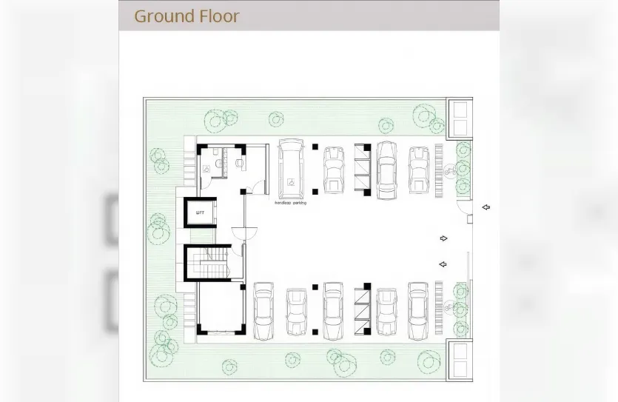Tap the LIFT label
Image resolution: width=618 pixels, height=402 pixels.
tap(200, 213)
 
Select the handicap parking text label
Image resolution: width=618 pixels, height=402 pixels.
tap(290, 202)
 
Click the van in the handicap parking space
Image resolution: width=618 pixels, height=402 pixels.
tap(291, 169)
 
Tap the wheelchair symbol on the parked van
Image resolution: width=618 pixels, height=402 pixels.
tap(291, 180)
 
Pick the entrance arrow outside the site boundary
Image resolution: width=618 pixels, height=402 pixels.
tap(486, 208)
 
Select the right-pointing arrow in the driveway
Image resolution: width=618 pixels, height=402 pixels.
tap(443, 238)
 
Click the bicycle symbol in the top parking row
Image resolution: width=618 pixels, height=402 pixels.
tap(449, 172)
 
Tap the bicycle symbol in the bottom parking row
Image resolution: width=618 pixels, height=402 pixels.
tap(449, 306)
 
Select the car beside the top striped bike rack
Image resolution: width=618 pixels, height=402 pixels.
tap(419, 169)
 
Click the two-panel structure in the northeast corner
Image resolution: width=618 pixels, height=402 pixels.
tap(460, 118)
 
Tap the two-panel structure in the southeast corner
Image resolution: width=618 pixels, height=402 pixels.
tap(460, 360)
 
